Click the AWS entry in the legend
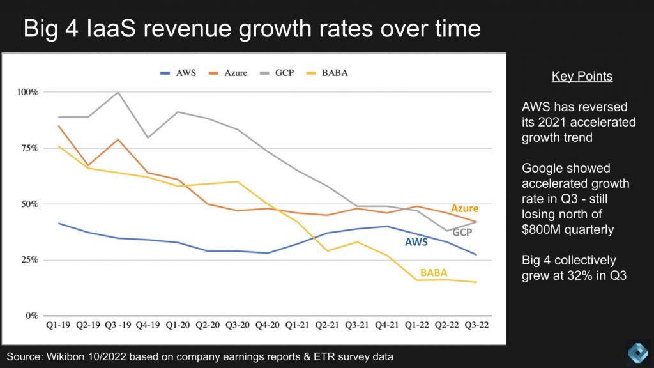pos(185,73)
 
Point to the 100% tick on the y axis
pos(27,92)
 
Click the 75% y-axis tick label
pos(29,148)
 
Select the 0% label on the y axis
pos(31,316)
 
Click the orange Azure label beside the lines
pos(464,208)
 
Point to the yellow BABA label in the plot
pos(433,273)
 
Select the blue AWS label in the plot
pos(416,242)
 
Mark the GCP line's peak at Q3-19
pos(118,92)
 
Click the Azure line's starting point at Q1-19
pos(58,126)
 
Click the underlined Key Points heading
pos(582,77)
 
